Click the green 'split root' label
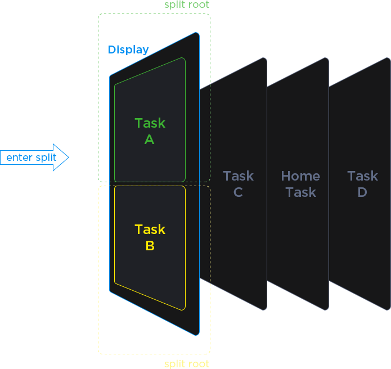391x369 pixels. (x=186, y=5)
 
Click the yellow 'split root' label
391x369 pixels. (x=186, y=364)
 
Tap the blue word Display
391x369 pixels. (x=128, y=50)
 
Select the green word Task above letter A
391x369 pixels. (x=150, y=123)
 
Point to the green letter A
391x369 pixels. (x=149, y=139)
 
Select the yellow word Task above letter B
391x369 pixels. (x=150, y=229)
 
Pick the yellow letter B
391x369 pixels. (x=150, y=246)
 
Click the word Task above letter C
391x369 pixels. (x=238, y=176)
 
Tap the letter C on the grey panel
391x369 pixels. (x=238, y=192)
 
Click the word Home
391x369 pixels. (x=300, y=176)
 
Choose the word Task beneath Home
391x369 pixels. (x=300, y=192)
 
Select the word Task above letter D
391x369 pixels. (x=362, y=176)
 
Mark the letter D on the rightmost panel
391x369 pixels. (x=362, y=192)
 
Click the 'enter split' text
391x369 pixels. (x=32, y=157)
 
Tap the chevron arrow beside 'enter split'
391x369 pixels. (x=67, y=157)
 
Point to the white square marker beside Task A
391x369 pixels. (x=99, y=122)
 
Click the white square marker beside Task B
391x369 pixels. (x=99, y=244)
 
